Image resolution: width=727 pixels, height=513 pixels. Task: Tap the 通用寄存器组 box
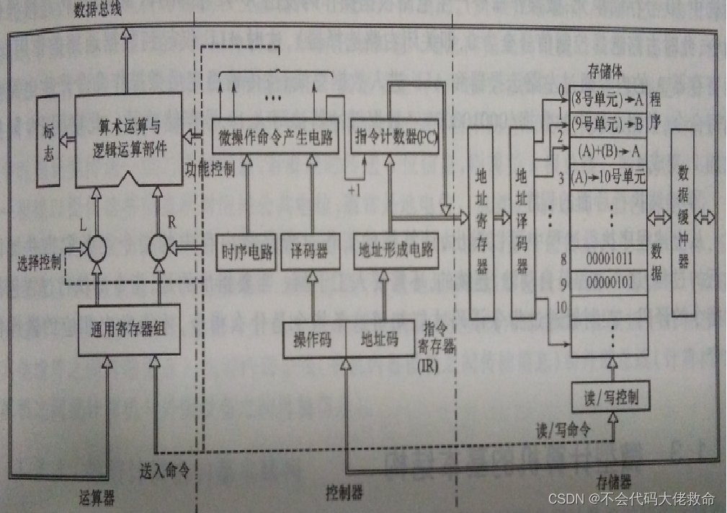point(129,330)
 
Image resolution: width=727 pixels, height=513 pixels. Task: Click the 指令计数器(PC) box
point(395,136)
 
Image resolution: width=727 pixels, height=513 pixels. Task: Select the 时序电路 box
point(246,251)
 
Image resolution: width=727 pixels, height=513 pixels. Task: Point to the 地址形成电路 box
point(396,251)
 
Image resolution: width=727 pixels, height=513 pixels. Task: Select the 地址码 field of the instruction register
point(379,339)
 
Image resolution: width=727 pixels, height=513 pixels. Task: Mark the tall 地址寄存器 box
point(481,223)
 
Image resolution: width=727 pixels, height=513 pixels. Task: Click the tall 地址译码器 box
point(522,223)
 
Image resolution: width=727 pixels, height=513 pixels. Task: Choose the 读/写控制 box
point(609,396)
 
